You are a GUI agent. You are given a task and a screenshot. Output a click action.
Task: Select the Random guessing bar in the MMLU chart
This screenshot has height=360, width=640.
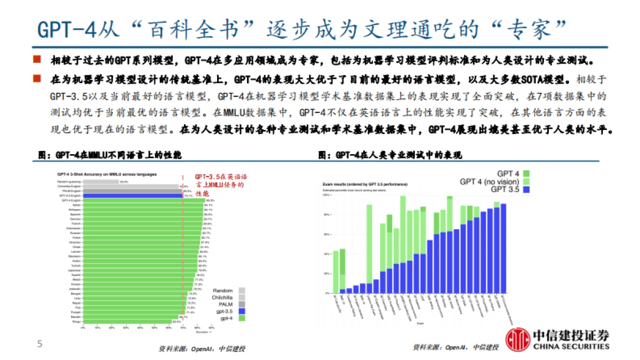pyautogui.click(x=101, y=182)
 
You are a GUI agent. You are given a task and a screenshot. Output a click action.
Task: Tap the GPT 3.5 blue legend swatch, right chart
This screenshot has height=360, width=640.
pyautogui.click(x=526, y=189)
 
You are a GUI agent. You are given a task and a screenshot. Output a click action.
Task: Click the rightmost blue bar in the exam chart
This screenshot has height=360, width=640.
pyautogui.click(x=503, y=249)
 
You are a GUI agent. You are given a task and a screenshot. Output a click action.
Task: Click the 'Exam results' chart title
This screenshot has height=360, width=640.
pyautogui.click(x=365, y=183)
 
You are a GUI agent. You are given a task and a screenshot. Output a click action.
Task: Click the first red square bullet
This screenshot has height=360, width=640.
pyautogui.click(x=37, y=58)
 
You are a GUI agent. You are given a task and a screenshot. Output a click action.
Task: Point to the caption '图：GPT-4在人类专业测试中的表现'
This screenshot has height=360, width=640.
pyautogui.click(x=390, y=155)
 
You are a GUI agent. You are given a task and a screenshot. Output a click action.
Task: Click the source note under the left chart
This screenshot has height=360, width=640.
pyautogui.click(x=202, y=348)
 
